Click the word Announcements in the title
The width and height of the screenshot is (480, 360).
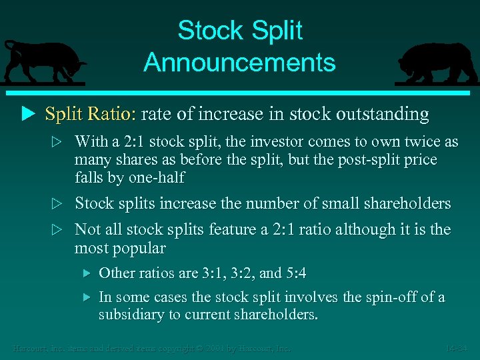coord(239,63)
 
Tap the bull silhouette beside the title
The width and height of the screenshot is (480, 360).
coord(43,61)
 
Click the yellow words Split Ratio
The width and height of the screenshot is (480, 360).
coord(90,114)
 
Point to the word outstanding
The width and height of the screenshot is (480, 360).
coord(383,114)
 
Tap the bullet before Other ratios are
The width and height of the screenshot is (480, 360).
coord(85,273)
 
